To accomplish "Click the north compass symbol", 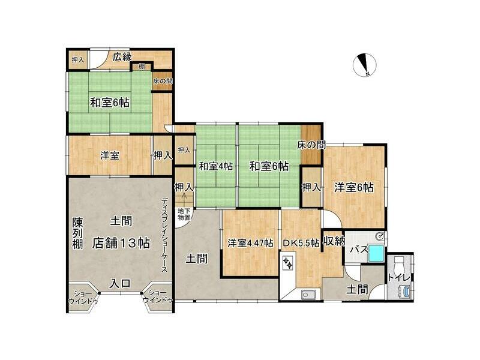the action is coord(364,65).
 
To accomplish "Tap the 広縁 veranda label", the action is coord(122,57).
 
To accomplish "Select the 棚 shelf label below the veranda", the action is coord(142,66).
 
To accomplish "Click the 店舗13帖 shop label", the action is coord(121,243).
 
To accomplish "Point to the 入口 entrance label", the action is coord(121,283).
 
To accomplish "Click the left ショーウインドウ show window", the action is coord(83,298).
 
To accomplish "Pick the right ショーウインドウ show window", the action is coord(158,298).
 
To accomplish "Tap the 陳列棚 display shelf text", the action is coord(77,233).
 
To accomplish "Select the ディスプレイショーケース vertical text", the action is coord(165,235).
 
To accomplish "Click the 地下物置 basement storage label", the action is coord(184,214).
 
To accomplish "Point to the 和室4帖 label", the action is coord(216,167).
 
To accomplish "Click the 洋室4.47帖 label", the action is coord(250,243).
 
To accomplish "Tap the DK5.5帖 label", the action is coord(301,243).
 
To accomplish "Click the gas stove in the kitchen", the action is coord(288,263).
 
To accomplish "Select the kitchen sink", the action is coord(306,295).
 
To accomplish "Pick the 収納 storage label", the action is coord(334,241).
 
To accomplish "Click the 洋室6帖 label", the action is coord(353,187).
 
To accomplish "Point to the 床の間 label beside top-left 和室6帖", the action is coord(163,81).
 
